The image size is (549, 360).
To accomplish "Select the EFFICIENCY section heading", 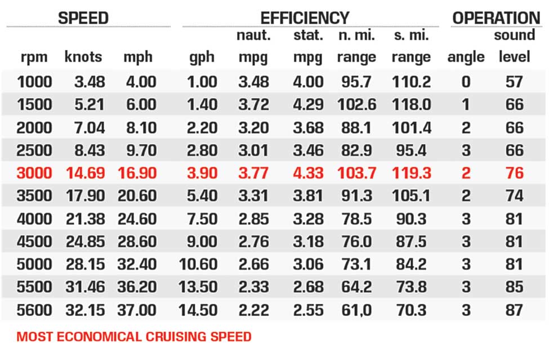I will click(305, 17).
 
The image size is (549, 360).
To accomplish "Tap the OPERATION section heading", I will click(496, 17).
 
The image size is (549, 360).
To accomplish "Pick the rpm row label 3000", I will click(34, 173).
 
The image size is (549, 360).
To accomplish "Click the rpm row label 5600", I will click(34, 310).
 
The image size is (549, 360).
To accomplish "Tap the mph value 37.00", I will click(137, 310).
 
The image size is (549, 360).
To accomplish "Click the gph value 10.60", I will click(198, 264).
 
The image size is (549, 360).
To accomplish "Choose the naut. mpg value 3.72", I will click(254, 104).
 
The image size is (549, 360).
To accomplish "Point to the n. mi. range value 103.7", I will click(356, 173).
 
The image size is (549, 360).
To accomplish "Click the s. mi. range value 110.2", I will click(411, 82).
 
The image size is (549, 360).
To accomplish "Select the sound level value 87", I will click(514, 310).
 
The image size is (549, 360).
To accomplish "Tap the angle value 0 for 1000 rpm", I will click(466, 82).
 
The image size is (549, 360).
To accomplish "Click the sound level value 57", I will click(514, 82).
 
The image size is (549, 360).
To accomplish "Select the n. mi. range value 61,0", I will click(356, 310).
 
